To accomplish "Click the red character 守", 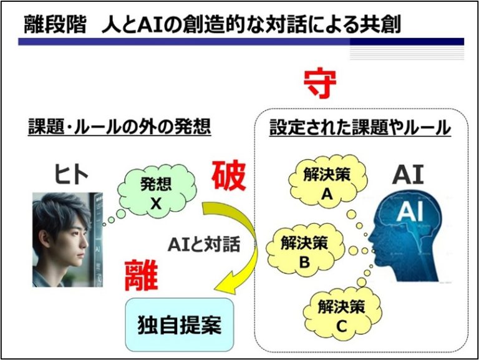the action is tap(320, 83).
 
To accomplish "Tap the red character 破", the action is tap(229, 176).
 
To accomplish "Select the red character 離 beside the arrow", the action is tap(141, 275).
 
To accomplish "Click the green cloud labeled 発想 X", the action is tap(157, 192).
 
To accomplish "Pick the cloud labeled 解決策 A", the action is tap(328, 182).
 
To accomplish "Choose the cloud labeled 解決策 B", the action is tap(305, 251).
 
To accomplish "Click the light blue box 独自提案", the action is tap(180, 324).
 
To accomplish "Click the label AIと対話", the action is tap(204, 245).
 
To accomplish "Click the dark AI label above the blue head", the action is tap(408, 175).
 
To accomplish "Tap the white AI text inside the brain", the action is tap(410, 212).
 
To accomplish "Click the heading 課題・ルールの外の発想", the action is tap(120, 127).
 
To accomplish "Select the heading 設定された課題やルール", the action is tap(360, 127).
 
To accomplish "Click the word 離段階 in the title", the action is tap(55, 24).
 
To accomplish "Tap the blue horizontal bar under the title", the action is tap(241, 42).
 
